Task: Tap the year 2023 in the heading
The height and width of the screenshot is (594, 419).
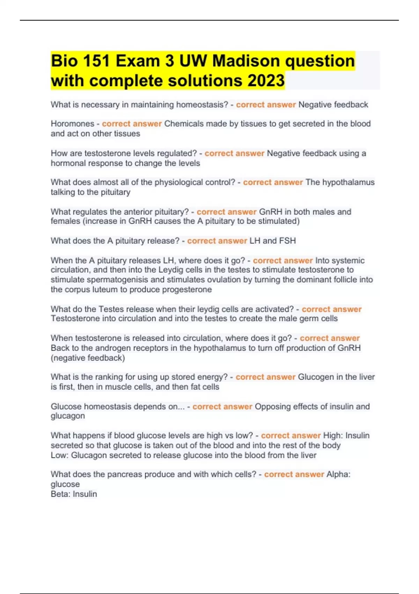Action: (x=266, y=81)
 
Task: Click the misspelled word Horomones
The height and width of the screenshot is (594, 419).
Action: (x=72, y=124)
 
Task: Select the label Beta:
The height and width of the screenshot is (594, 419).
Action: (x=60, y=494)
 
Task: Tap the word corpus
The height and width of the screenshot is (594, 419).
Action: (x=76, y=289)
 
